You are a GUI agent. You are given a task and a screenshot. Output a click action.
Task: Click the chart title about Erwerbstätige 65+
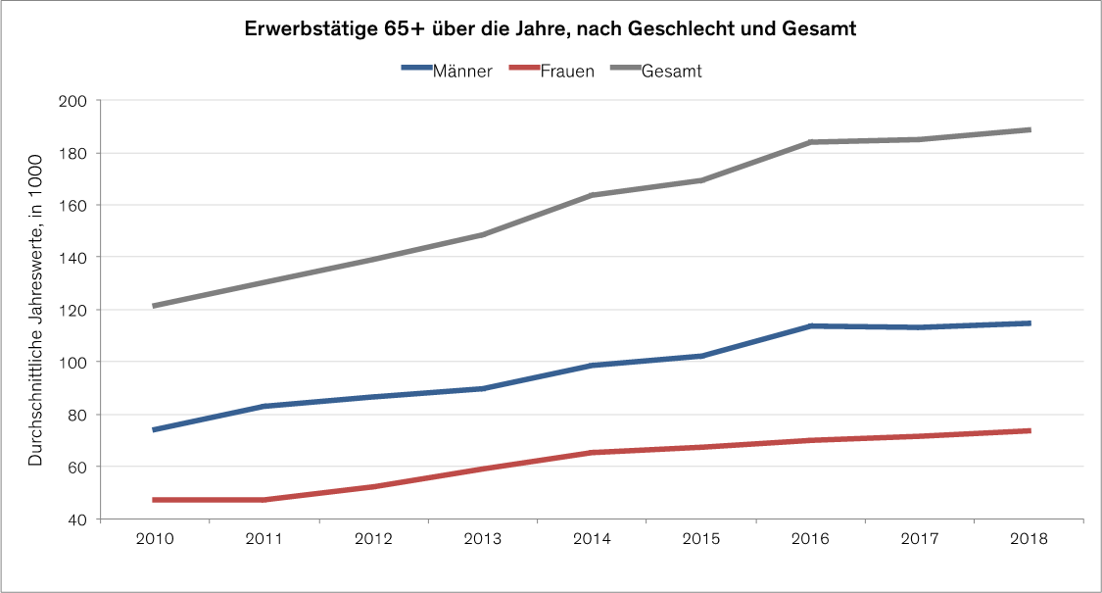point(551,29)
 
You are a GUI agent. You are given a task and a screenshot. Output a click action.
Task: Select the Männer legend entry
point(461,71)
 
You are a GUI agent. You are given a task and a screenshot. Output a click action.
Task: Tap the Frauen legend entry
point(566,71)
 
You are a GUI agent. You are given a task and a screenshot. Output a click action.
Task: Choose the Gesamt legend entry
point(671,71)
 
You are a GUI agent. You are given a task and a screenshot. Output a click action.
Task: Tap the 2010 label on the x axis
point(155,540)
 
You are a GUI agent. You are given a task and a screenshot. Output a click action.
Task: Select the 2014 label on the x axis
point(592,540)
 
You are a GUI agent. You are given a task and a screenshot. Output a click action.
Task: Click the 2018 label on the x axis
point(1029,540)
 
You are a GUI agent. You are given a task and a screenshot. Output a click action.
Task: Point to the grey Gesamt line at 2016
point(811,142)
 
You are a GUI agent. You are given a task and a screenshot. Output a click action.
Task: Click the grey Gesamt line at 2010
point(155,306)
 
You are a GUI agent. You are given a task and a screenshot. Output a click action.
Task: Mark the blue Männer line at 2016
point(811,325)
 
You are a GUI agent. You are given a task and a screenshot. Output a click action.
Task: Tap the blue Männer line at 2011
point(264,406)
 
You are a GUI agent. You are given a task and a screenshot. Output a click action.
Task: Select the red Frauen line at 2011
point(264,500)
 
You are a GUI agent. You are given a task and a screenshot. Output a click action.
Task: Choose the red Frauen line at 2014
point(592,453)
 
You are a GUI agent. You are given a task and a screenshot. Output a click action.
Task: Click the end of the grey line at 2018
point(1029,129)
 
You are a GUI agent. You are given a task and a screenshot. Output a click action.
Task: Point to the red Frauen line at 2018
point(1029,430)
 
